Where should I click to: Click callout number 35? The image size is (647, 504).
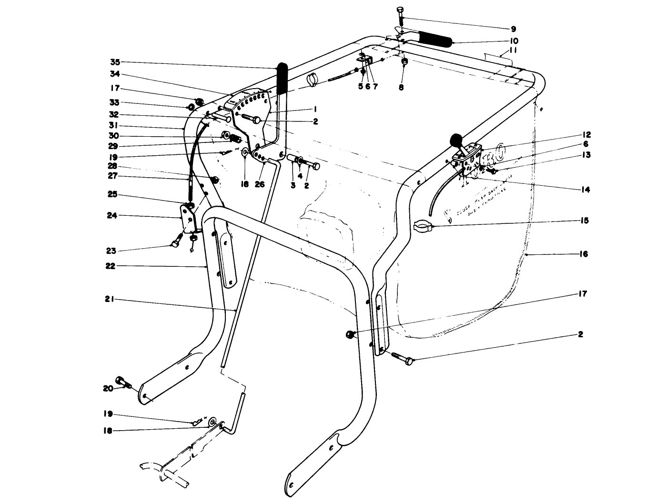tap(115, 62)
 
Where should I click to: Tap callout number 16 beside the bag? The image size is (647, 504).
tap(584, 254)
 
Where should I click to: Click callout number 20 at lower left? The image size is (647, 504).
tap(108, 388)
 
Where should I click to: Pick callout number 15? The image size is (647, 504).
tap(584, 221)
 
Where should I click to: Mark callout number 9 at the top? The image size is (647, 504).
tap(513, 29)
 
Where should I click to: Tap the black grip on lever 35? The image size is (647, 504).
tap(282, 79)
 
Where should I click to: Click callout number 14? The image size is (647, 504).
tap(585, 190)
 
